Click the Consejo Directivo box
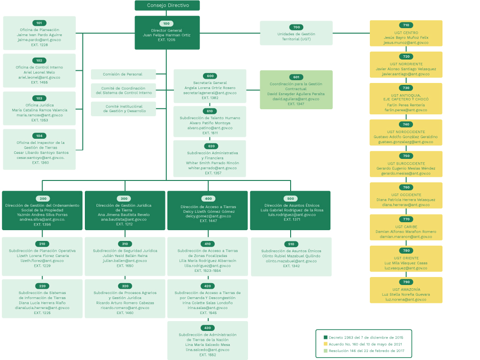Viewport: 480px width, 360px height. point(167,5)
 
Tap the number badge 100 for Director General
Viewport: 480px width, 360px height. point(166,23)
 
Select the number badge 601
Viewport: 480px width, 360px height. point(296,77)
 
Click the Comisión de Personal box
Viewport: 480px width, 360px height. point(123,74)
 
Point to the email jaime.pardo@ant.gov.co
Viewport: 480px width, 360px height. point(39,40)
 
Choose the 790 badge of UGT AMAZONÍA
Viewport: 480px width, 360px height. point(406,282)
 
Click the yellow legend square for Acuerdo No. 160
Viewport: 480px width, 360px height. point(325,344)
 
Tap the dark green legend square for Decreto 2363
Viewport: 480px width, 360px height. point(325,337)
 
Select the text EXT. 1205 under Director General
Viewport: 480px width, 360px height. point(166,40)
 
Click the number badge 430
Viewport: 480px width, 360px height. point(208,328)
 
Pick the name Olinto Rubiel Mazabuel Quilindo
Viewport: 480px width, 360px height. point(291,256)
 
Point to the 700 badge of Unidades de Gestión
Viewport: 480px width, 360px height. point(296,27)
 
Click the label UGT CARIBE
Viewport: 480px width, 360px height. point(406,227)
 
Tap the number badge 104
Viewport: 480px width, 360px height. point(39,135)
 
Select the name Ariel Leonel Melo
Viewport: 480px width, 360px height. point(39,73)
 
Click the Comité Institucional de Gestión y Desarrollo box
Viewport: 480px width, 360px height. point(123,109)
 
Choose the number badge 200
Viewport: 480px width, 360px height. point(43,199)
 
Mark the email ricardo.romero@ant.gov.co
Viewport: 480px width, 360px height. point(125,307)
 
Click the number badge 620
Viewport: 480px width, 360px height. point(211,146)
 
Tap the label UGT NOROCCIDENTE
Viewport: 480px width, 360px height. point(406,132)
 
